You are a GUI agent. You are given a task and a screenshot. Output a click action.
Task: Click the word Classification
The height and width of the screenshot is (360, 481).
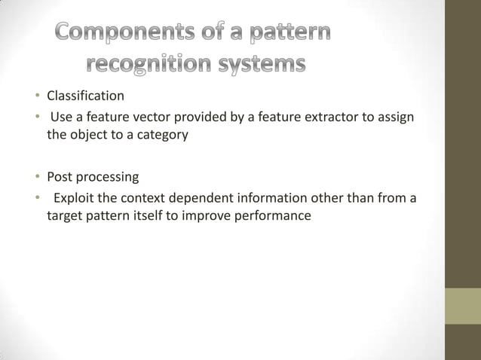click(x=85, y=96)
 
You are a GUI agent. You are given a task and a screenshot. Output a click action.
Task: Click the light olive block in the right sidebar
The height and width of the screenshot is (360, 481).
click(x=462, y=307)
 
